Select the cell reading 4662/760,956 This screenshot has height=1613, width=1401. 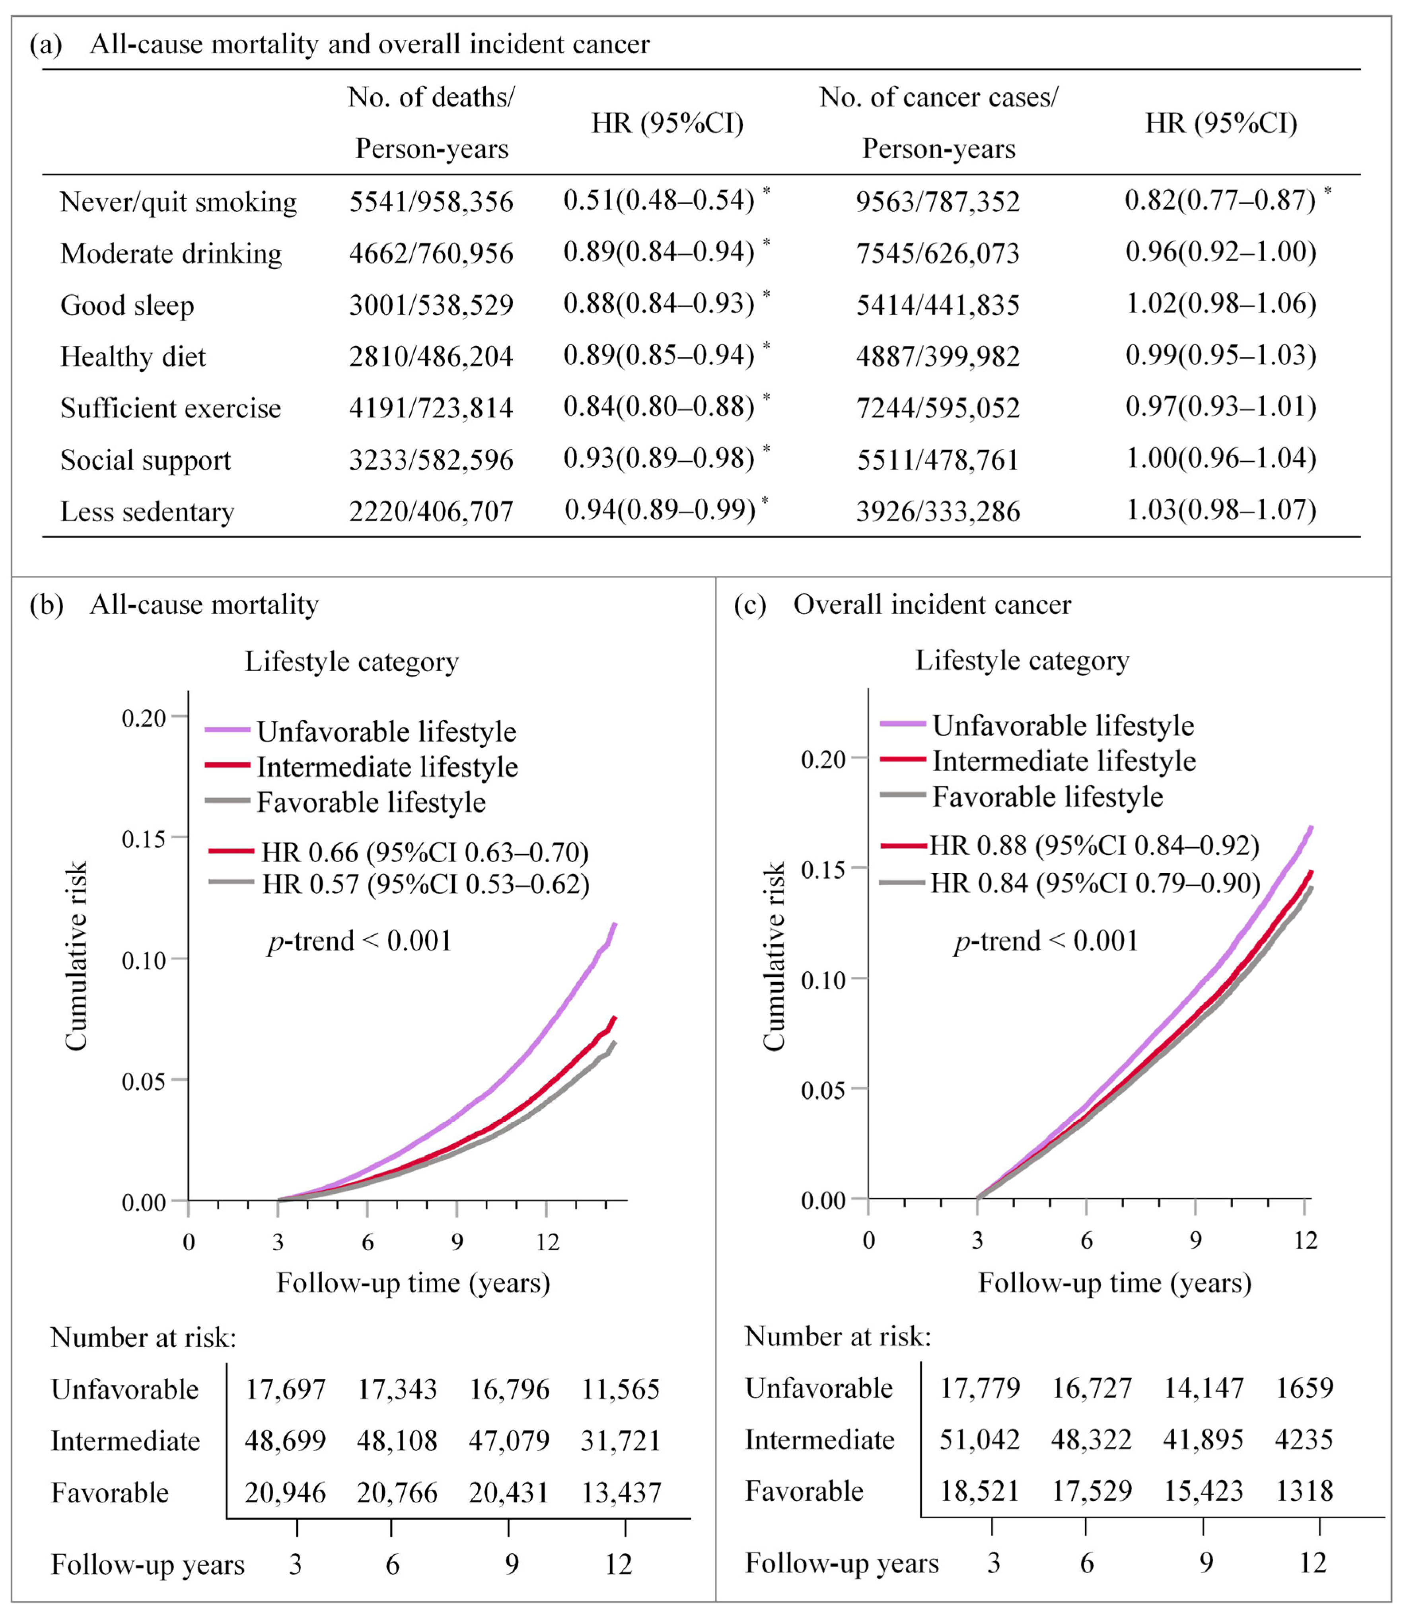[x=431, y=253]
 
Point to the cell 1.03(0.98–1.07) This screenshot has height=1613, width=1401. [x=1220, y=509]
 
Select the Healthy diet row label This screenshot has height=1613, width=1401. [x=133, y=356]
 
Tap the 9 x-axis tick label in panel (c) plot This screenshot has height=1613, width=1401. [x=1195, y=1240]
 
